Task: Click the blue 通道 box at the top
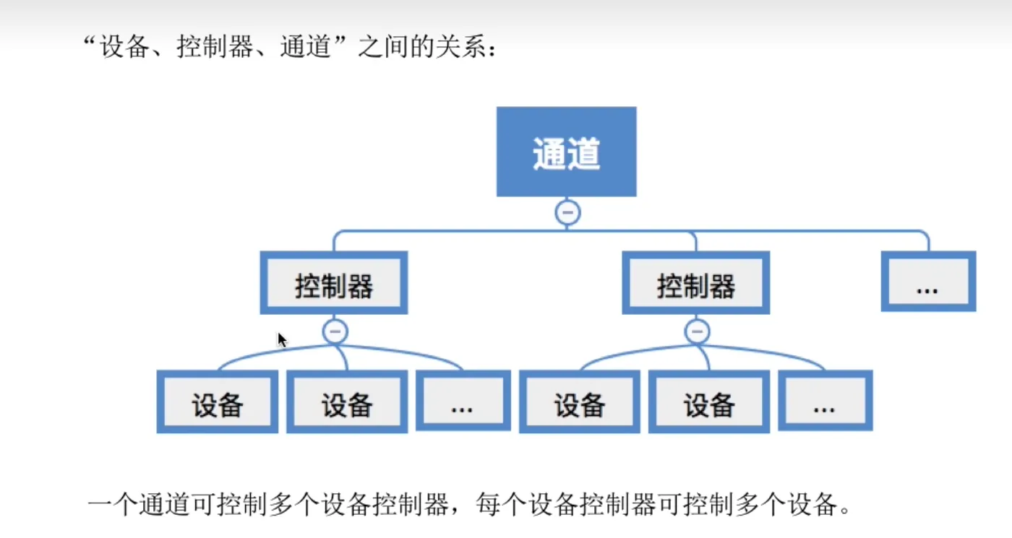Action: coord(566,152)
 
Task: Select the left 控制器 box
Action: coord(334,283)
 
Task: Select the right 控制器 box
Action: coord(696,283)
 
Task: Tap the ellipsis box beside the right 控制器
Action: coord(928,282)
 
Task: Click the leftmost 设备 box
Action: coord(217,402)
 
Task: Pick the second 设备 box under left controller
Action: coord(347,402)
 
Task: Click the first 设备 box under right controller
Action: coord(579,402)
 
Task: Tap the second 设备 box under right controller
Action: coord(709,402)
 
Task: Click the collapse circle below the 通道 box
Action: coord(567,212)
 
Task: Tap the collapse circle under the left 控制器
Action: coord(335,332)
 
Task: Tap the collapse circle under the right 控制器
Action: coord(697,332)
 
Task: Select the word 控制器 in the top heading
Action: coord(213,50)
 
